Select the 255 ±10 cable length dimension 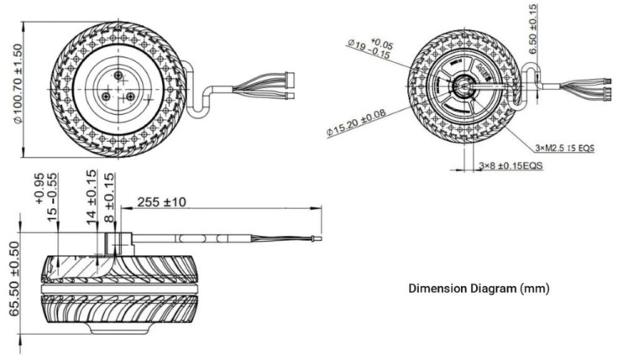(162, 202)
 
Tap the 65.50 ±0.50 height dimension (14, 279)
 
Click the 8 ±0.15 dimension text (109, 197)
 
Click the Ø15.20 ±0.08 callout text (357, 123)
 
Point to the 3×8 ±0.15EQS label (511, 165)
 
